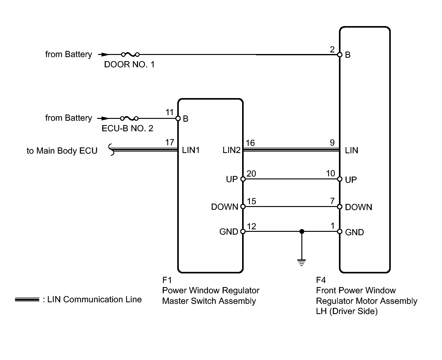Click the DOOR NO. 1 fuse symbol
[x=130, y=55]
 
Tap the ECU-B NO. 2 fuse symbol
[x=129, y=119]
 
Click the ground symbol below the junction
[x=301, y=263]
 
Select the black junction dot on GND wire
[x=302, y=231]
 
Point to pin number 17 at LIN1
[x=169, y=142]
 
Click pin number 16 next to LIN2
[x=250, y=143]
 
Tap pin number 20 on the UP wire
[x=251, y=174]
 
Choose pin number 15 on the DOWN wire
[x=251, y=201]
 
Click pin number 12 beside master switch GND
[x=251, y=226]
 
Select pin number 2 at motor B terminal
[x=332, y=49]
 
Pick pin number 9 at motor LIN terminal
[x=332, y=142]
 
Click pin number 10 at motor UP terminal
[x=331, y=173]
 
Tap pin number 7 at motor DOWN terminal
[x=332, y=201]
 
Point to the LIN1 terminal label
[x=191, y=150]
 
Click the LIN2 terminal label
[x=231, y=150]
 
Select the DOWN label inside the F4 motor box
[x=359, y=207]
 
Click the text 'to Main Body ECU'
[x=62, y=151]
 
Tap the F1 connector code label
[x=167, y=280]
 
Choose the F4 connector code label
[x=321, y=280]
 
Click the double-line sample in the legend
[x=27, y=299]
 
